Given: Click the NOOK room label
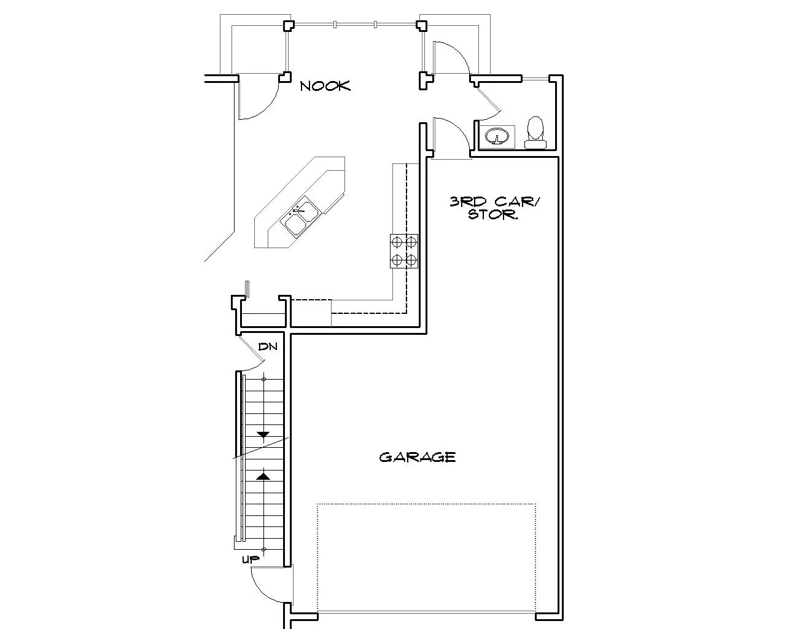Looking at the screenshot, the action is [x=325, y=86].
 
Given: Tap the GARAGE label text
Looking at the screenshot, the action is [x=418, y=457].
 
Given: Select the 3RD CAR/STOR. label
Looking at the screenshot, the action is [x=494, y=208].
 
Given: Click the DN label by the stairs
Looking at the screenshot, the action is [x=268, y=346].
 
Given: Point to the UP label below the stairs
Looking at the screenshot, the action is [x=251, y=559].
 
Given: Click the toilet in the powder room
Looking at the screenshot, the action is [x=535, y=133].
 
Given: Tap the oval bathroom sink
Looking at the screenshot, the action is [x=497, y=137].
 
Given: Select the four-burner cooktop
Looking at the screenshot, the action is [x=404, y=251].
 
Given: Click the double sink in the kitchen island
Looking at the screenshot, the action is [x=301, y=216].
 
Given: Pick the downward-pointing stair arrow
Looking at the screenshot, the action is [x=263, y=434].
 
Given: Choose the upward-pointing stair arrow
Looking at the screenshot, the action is [x=263, y=476].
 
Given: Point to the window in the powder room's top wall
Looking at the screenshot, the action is [x=535, y=78].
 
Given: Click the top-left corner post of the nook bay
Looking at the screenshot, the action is [x=288, y=25].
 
